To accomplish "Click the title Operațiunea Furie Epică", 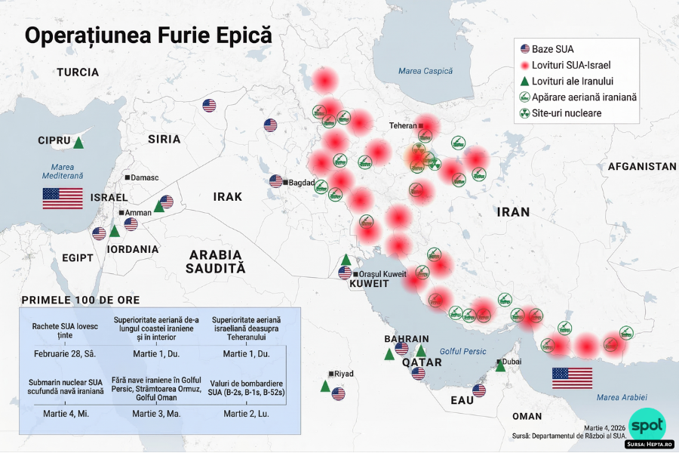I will tap(149, 35).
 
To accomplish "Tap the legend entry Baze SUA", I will tap(552, 49).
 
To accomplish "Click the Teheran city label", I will tap(403, 125).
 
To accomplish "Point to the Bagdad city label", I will tap(301, 183).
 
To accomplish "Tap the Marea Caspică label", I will tap(426, 71).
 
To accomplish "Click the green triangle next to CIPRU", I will tap(78, 142).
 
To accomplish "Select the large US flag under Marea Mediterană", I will tap(63, 199).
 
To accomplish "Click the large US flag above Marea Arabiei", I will tap(572, 377).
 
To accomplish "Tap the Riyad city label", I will tap(343, 374).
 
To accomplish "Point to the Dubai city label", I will tap(511, 362).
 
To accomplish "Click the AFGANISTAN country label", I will tap(642, 166).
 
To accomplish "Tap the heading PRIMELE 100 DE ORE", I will tap(86, 300).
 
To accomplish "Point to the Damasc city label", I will tap(143, 177).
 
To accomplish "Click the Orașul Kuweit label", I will tap(383, 273).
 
